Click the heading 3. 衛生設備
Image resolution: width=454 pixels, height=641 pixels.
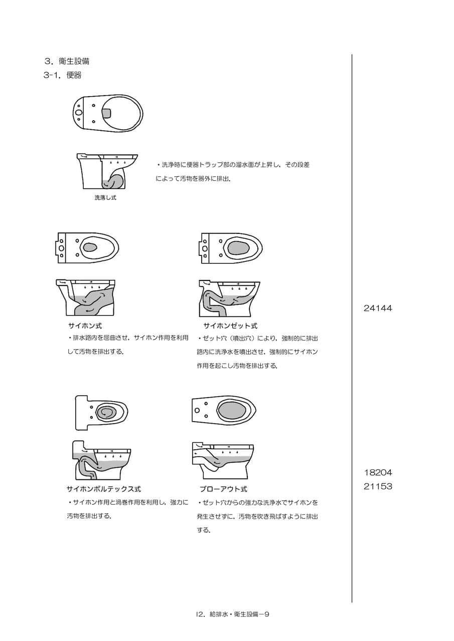point(67,61)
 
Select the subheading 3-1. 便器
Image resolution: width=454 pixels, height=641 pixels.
point(63,75)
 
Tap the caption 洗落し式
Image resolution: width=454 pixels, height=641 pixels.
point(105,197)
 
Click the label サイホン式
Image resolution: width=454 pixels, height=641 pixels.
point(85,326)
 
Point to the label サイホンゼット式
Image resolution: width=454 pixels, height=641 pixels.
point(230,326)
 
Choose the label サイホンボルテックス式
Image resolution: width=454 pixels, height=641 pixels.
point(104,489)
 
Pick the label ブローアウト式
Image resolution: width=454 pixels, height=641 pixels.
point(223,489)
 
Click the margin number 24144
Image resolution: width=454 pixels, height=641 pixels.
point(378,308)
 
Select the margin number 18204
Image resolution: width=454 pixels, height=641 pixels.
point(378,472)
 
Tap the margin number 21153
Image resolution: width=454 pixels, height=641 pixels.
point(378,486)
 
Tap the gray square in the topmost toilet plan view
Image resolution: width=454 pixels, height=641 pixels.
point(107,113)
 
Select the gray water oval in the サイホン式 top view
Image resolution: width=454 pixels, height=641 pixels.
point(90,247)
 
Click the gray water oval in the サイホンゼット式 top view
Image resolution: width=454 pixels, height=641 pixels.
point(238,247)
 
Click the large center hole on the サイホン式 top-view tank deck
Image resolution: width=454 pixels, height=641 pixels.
point(61,248)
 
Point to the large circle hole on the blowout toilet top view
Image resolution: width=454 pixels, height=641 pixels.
point(197,411)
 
